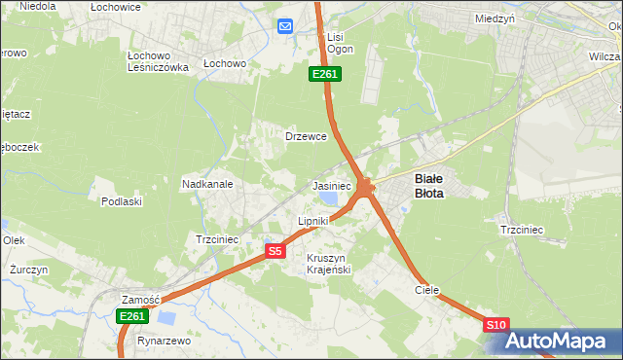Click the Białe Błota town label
429,186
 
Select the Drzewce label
305,136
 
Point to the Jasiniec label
331,185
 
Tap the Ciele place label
426,290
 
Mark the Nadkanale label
206,183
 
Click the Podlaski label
122,201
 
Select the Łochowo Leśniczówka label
158,60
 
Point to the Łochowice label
116,7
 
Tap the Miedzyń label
495,18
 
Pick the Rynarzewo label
164,342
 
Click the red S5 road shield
275,251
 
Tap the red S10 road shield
495,325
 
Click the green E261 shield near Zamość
131,316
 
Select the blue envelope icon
285,26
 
